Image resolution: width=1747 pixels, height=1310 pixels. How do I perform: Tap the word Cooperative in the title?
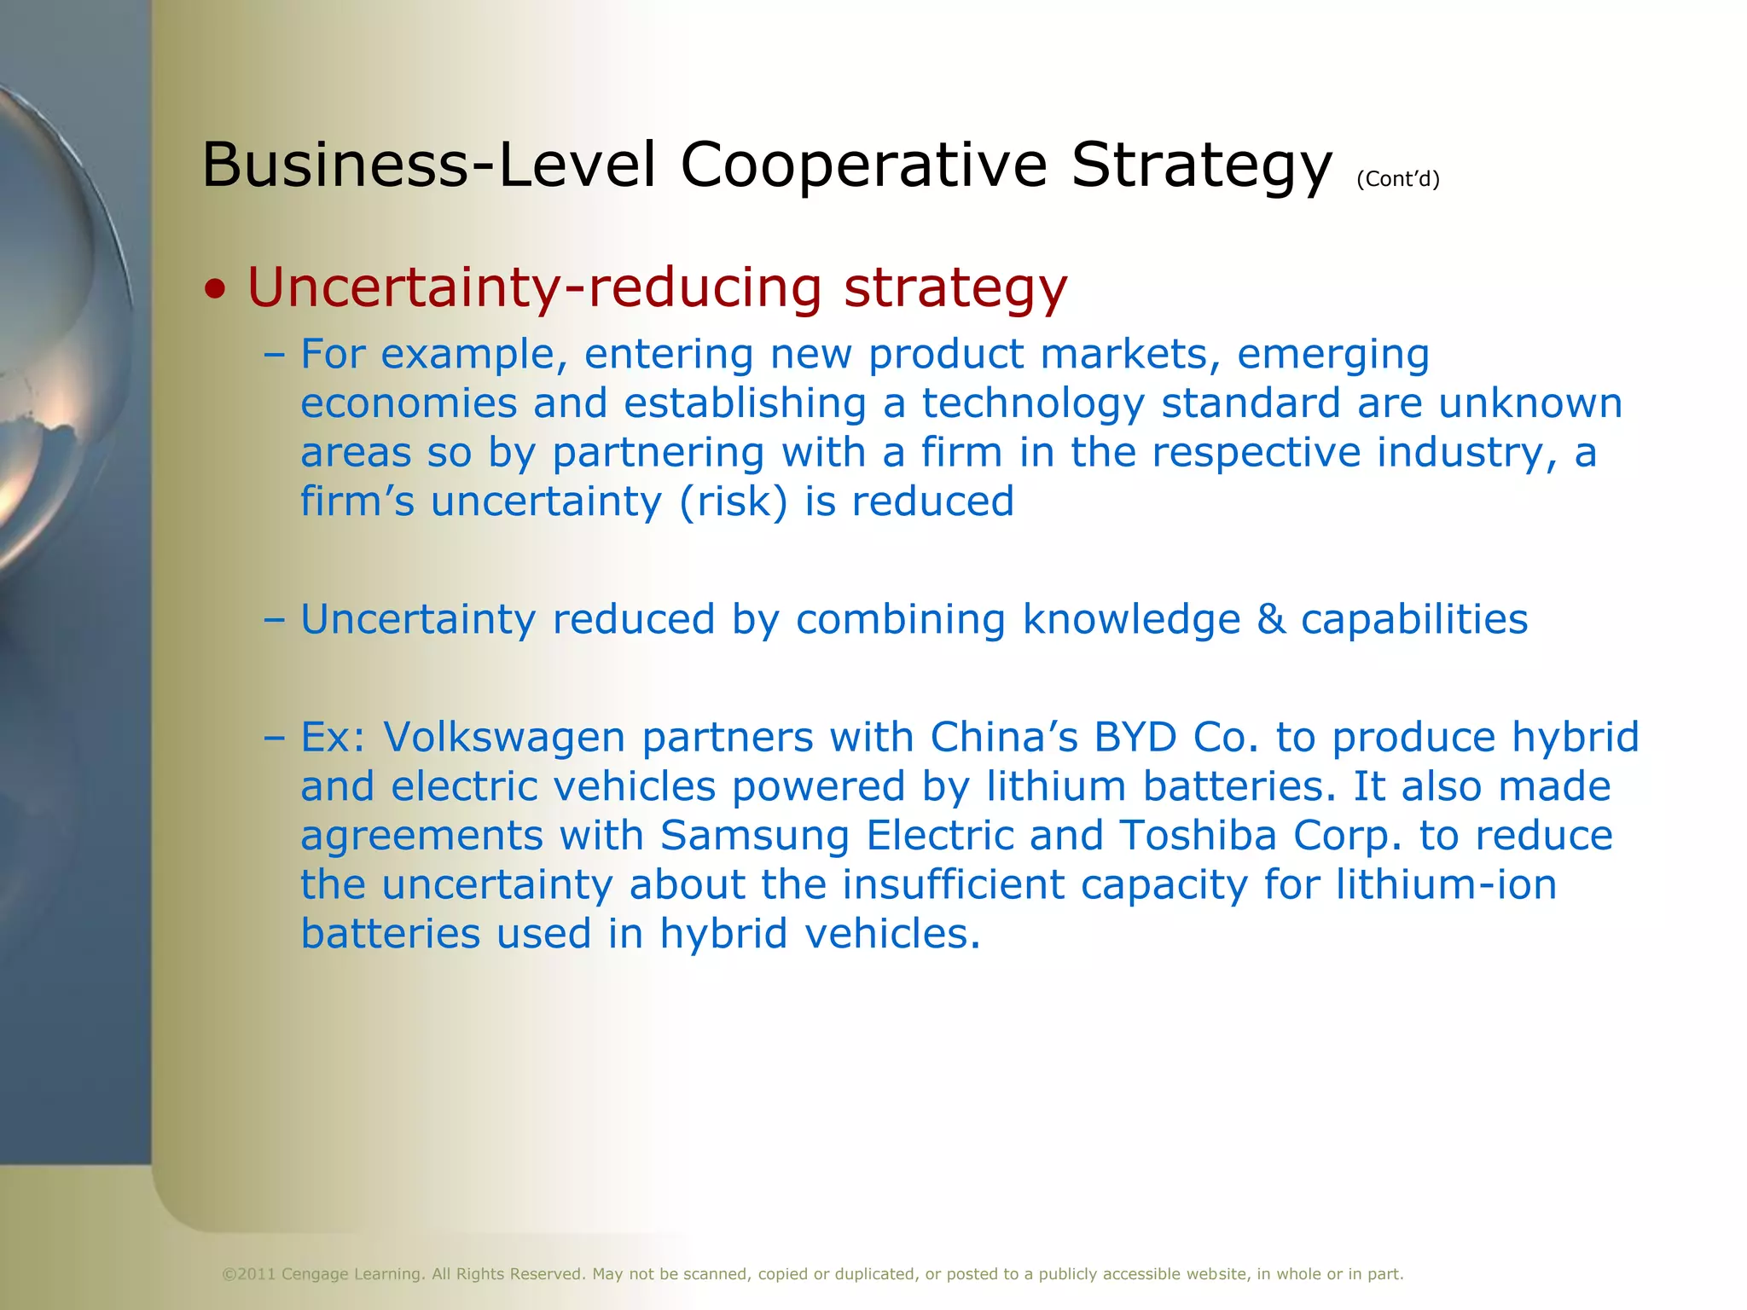(862, 165)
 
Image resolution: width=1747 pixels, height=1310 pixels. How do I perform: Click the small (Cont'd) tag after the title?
(1397, 179)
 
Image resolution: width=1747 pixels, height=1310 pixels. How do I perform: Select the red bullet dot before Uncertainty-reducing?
(217, 290)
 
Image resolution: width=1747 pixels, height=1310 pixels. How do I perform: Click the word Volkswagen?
(504, 737)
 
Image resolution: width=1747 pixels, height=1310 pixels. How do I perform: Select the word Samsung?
(754, 836)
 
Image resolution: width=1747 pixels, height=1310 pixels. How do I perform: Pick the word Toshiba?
(1198, 836)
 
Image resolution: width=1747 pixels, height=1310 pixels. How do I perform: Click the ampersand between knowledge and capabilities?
(1270, 619)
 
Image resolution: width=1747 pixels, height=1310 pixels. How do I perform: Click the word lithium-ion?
(1446, 884)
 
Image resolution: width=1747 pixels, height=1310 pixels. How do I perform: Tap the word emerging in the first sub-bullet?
(1332, 355)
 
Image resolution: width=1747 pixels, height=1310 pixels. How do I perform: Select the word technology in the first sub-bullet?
(1032, 404)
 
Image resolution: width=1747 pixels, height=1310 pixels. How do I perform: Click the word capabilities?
(1413, 619)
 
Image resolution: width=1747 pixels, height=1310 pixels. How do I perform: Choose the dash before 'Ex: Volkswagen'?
(274, 737)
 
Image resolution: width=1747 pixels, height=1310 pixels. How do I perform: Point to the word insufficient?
(953, 884)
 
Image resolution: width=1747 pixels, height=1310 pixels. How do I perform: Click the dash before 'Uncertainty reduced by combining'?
(274, 619)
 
